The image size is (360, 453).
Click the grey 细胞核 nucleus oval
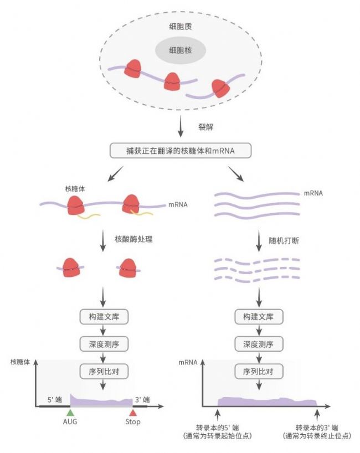pos(181,50)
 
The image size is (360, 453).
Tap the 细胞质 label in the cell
pos(181,27)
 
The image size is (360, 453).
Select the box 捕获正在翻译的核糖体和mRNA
pos(181,151)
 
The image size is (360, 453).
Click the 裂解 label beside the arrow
pos(205,127)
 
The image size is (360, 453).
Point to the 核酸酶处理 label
pos(133,239)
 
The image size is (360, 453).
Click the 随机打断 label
pos(284,240)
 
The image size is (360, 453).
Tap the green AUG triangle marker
pos(70,412)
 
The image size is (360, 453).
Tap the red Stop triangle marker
pos(132,412)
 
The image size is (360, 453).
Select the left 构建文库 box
pos(104,317)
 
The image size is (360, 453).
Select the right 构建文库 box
pos(259,317)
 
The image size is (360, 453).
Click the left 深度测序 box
pos(104,344)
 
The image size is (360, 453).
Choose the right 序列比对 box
pos(259,371)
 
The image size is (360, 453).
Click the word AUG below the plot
pos(70,421)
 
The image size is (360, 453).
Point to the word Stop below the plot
pos(133,422)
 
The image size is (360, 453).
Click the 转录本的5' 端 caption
pos(218,428)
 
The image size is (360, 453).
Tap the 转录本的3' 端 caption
pos(317,428)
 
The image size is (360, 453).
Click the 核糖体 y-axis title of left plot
pos(20,362)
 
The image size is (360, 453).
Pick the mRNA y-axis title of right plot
pos(188,362)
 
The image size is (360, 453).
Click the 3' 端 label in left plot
pos(142,400)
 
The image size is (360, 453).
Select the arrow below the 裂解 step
pos(181,126)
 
